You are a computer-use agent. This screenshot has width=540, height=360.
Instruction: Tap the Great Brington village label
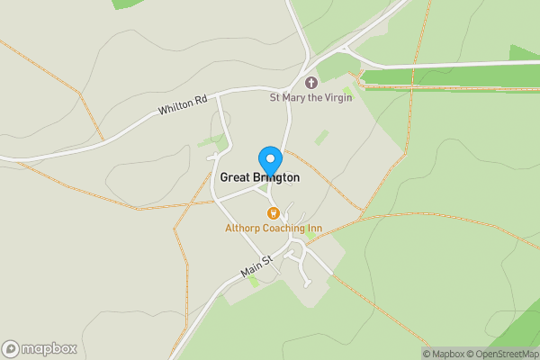(x=260, y=178)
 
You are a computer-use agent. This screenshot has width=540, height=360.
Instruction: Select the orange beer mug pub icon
(x=273, y=213)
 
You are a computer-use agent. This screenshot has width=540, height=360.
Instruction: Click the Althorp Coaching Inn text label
(x=273, y=229)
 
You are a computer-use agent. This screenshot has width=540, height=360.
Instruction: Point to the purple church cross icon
(x=311, y=82)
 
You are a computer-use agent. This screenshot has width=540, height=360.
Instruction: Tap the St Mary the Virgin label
(x=310, y=97)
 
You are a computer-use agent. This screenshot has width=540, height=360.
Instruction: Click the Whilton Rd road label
(x=182, y=107)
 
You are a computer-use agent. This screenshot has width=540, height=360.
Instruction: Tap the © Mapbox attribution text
(x=447, y=353)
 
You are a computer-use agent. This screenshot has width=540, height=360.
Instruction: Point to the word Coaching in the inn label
(x=282, y=229)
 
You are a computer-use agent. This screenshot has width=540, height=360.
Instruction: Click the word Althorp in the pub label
(x=242, y=229)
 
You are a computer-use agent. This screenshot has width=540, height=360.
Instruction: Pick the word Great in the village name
(x=236, y=178)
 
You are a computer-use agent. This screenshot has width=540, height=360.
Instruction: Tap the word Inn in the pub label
(x=313, y=229)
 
